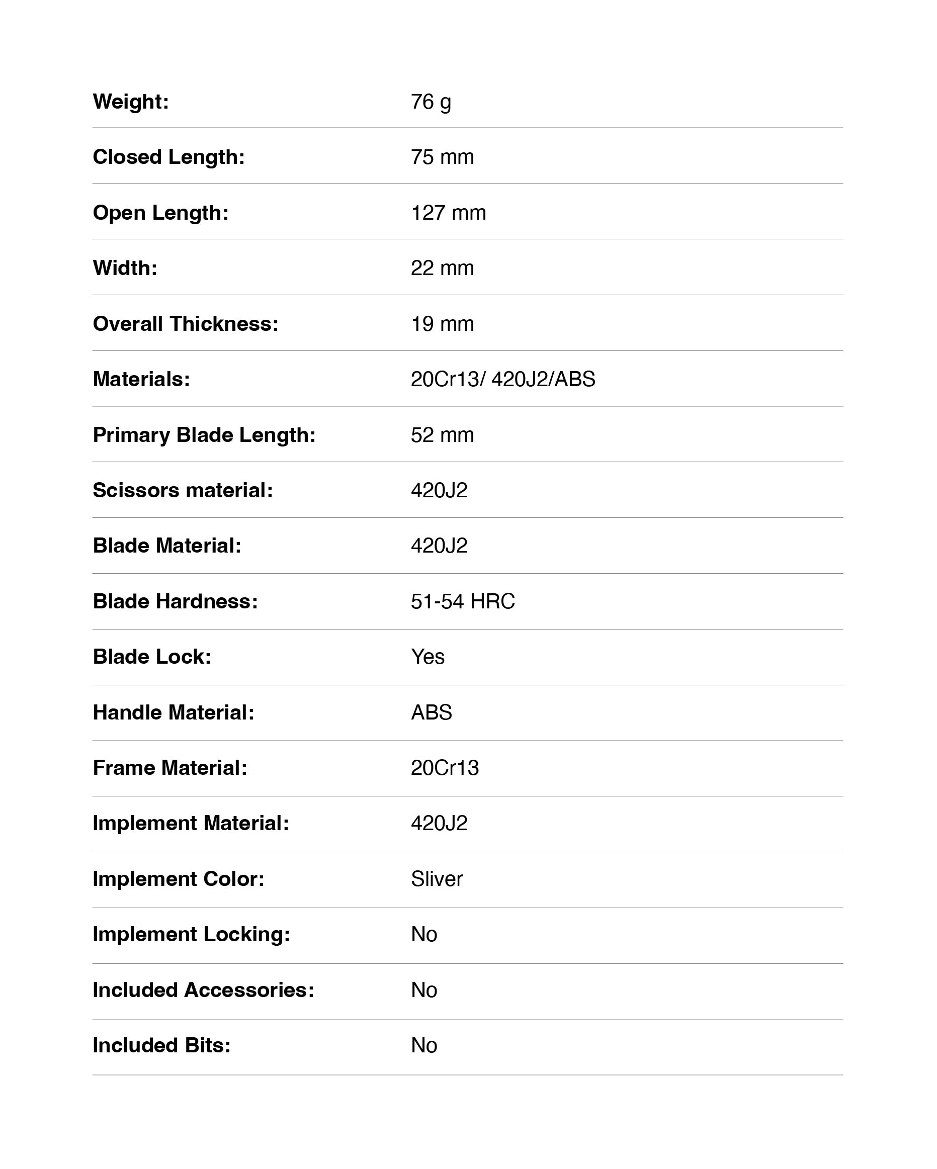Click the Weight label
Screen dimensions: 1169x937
[131, 102]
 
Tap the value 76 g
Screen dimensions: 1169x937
[431, 102]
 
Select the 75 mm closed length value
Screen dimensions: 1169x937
[442, 157]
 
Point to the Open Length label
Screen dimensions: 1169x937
[160, 213]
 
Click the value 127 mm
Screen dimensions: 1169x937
[448, 213]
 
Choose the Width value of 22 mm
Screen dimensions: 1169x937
[442, 268]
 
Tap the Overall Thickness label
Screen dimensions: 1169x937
[186, 324]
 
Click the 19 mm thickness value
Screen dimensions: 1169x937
[442, 324]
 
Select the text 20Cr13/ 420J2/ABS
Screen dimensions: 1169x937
[502, 379]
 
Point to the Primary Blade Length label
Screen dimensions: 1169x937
[204, 435]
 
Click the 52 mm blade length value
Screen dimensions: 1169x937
[442, 435]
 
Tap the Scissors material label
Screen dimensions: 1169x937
[183, 490]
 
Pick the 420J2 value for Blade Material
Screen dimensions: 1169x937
[439, 546]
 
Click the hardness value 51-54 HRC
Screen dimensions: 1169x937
[463, 601]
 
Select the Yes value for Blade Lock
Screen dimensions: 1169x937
[428, 657]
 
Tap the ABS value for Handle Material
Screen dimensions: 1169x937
[431, 712]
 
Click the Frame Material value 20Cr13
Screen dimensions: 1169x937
[445, 768]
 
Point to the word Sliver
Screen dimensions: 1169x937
[437, 879]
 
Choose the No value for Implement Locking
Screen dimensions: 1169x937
[423, 934]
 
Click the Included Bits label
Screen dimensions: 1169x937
[161, 1045]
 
